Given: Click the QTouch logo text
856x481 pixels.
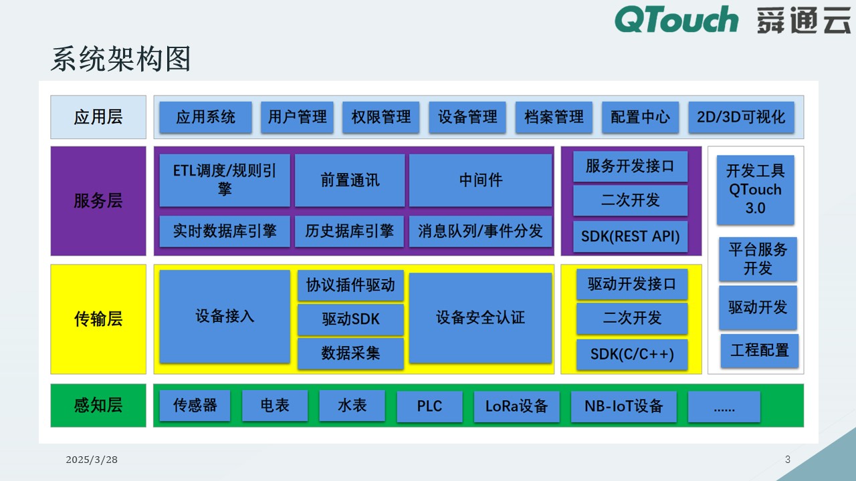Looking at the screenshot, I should pos(676,19).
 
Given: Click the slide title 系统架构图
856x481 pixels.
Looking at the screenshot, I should pos(121,59).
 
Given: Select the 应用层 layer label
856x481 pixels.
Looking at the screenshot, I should pos(98,118).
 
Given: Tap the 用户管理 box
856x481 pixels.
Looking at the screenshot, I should pos(297,118).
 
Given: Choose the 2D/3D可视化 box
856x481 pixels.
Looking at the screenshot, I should pos(741,118).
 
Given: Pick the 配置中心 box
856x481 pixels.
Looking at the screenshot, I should pos(640,118).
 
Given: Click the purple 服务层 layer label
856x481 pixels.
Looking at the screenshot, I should pos(98,201).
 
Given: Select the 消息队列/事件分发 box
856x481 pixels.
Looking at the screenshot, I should pos(480,231).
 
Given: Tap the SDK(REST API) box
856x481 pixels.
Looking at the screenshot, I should pos(630,236).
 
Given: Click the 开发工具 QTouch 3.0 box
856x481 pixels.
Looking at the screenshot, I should pos(755,190).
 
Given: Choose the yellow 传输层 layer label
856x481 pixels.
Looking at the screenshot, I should pos(98,319).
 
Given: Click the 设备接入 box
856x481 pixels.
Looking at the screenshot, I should pos(225,317).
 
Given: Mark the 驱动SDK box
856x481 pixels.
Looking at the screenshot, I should pos(350,319).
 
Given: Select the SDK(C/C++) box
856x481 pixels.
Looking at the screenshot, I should pos(632,354).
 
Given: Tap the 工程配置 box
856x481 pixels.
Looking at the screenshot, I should pos(759,350).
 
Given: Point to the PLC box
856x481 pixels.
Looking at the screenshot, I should pos(429,406).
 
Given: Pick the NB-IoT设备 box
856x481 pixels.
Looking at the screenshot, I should pos(623,406).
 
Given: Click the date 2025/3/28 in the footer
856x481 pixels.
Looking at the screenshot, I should pos(92,460).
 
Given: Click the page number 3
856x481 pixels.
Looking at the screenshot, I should pos(788,459).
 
